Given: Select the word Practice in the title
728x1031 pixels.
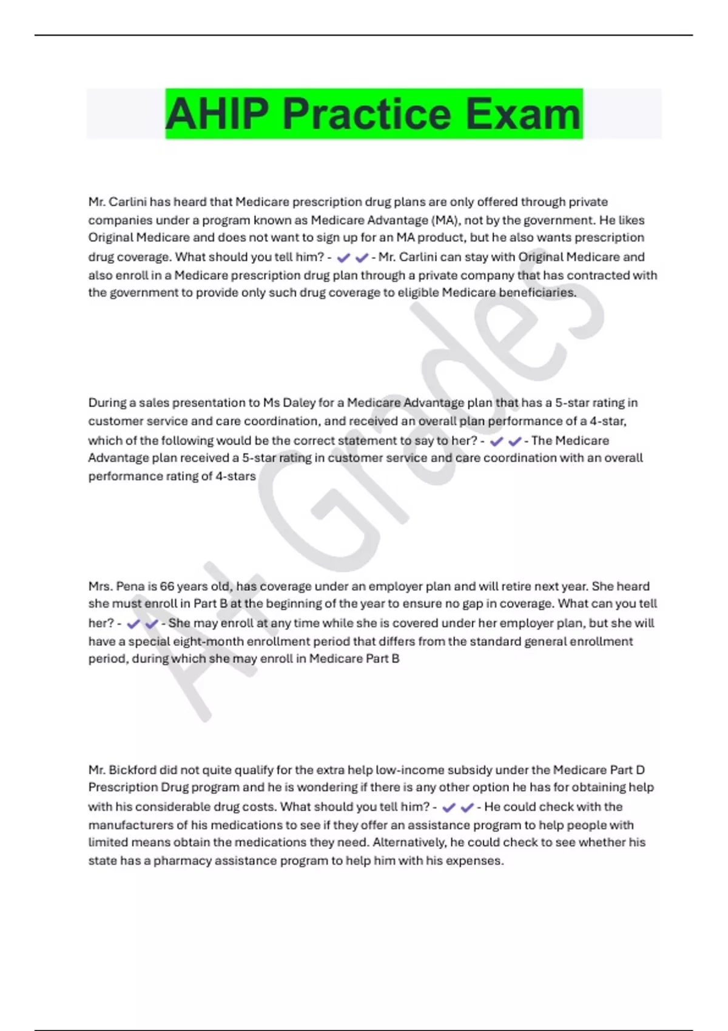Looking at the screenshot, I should point(366,114).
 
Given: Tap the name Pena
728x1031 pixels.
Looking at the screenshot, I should point(130,586).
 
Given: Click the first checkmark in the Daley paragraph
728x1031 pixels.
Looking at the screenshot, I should point(496,442).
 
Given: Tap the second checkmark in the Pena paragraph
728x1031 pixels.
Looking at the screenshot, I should point(152,624).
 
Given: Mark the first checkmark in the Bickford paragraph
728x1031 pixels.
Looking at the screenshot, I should point(449,808).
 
